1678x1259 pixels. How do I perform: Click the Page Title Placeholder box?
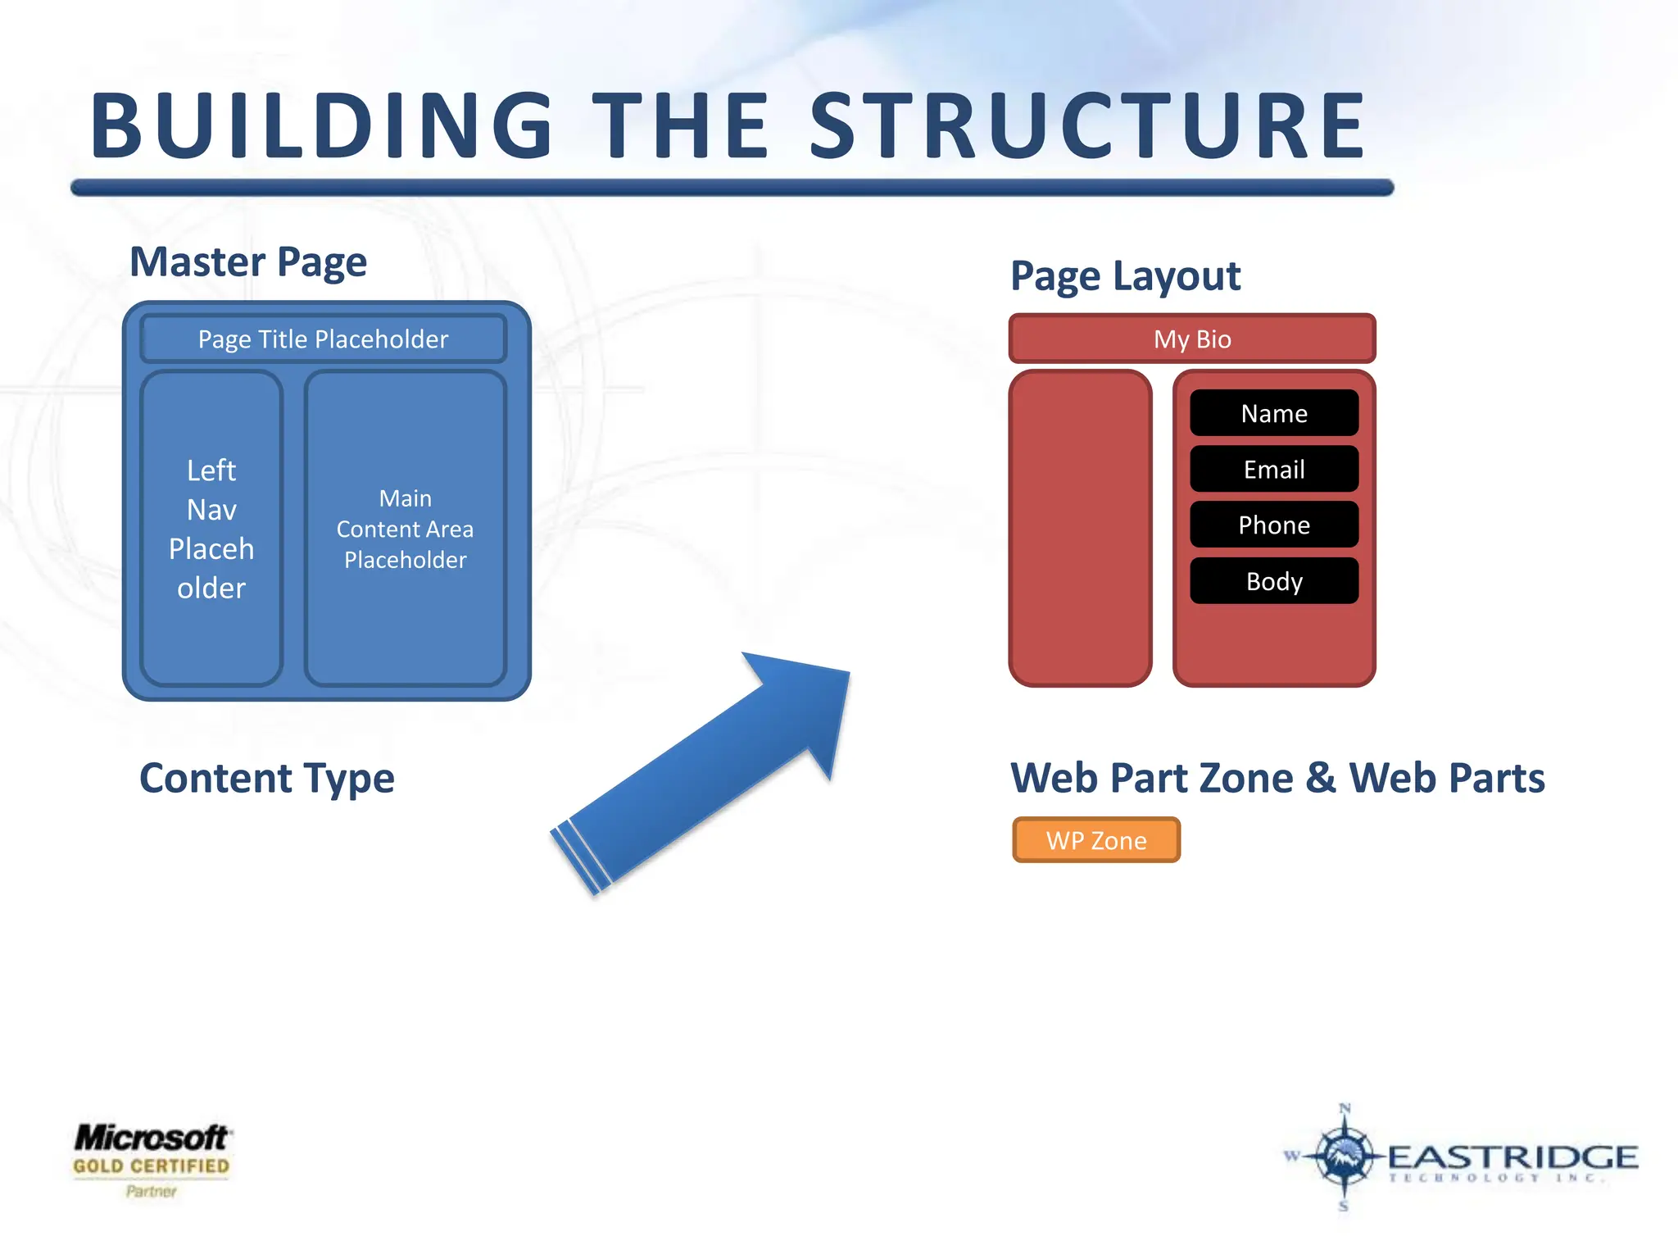point(324,339)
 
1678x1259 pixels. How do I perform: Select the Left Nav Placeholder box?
point(211,529)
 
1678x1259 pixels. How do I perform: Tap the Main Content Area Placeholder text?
point(405,529)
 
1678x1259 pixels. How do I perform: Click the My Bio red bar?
point(1192,339)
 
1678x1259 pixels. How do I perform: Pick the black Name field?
point(1274,413)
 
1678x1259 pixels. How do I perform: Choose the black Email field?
point(1274,469)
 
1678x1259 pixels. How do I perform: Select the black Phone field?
point(1274,525)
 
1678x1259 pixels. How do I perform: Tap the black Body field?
point(1274,581)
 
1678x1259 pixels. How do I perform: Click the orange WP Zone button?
point(1096,840)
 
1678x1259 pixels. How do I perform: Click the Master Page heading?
point(248,262)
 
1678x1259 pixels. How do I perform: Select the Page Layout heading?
point(1125,276)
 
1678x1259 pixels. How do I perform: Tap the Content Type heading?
point(267,778)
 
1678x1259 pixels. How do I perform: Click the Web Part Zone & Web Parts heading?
point(1277,778)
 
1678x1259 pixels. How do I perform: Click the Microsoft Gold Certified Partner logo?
point(152,1159)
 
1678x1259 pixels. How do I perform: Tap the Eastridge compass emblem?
point(1344,1156)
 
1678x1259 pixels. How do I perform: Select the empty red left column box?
point(1080,529)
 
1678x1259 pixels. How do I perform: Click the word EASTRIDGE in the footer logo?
point(1512,1157)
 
